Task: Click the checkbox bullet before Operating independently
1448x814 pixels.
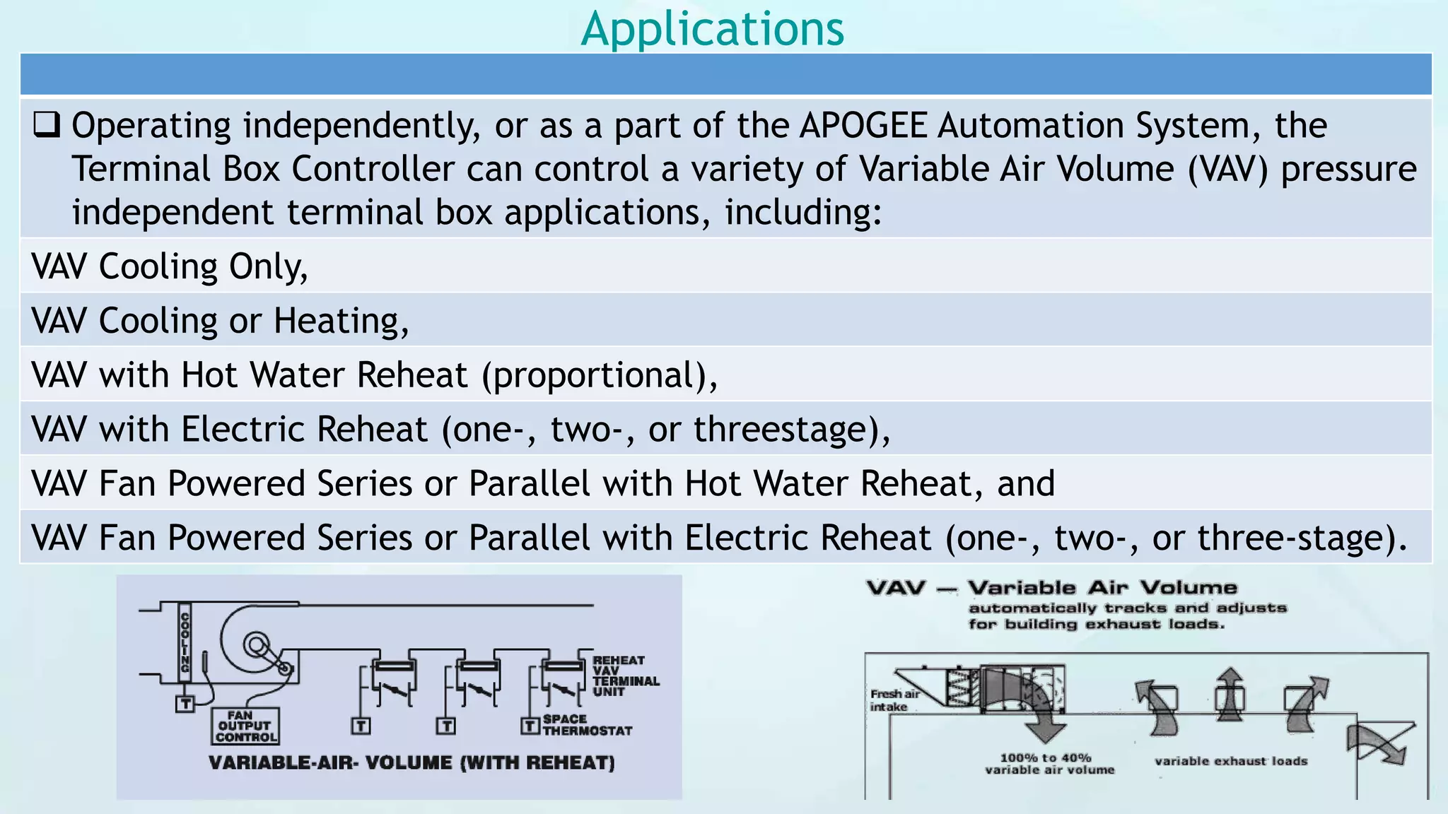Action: click(x=47, y=124)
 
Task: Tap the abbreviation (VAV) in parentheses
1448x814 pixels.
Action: click(x=1228, y=170)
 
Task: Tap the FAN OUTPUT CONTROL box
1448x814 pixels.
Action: click(x=245, y=726)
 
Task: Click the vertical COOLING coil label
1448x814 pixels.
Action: click(x=185, y=642)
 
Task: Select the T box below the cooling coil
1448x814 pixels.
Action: click(x=185, y=704)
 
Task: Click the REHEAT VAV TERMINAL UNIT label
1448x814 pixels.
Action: click(x=625, y=676)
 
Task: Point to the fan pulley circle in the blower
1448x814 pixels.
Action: click(x=255, y=644)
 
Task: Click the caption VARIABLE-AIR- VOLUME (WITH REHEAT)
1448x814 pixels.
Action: click(x=411, y=763)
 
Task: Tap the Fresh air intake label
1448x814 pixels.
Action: click(x=894, y=700)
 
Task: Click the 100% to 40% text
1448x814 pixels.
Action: click(x=1045, y=757)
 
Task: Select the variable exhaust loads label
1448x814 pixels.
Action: click(x=1230, y=761)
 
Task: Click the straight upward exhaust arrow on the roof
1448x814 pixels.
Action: click(x=1230, y=692)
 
